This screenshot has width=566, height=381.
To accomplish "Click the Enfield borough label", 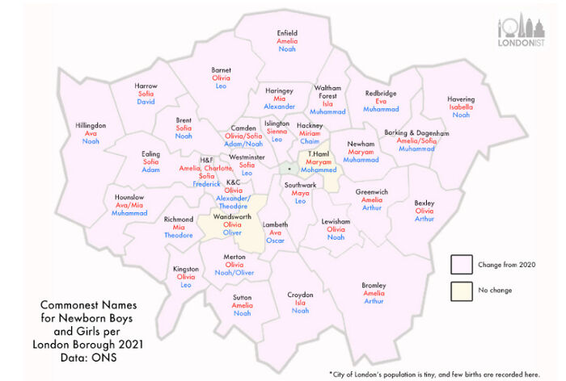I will [x=286, y=33].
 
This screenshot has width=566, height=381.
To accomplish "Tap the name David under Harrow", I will [x=146, y=103].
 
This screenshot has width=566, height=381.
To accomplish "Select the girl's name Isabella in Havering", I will [x=461, y=107].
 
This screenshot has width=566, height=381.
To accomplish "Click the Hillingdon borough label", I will [x=91, y=126].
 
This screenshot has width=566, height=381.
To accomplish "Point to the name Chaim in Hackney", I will [x=310, y=141].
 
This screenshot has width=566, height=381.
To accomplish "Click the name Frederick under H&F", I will [x=207, y=184].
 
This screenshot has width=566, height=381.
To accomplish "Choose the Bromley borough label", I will [x=374, y=285].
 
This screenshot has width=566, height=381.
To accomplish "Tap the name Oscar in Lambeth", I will [x=275, y=241].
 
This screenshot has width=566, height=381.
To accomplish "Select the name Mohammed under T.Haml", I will [x=319, y=170].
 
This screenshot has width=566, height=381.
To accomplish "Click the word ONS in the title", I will [x=105, y=358].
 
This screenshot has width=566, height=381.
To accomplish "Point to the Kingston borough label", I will [x=186, y=269].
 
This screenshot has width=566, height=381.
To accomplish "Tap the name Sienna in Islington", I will [x=277, y=132].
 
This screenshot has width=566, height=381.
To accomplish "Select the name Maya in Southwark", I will [x=300, y=193].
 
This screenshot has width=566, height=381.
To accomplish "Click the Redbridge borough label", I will [x=380, y=93].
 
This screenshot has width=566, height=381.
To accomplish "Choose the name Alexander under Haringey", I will [x=280, y=107].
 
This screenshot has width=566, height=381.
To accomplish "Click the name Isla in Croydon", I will [x=300, y=303].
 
